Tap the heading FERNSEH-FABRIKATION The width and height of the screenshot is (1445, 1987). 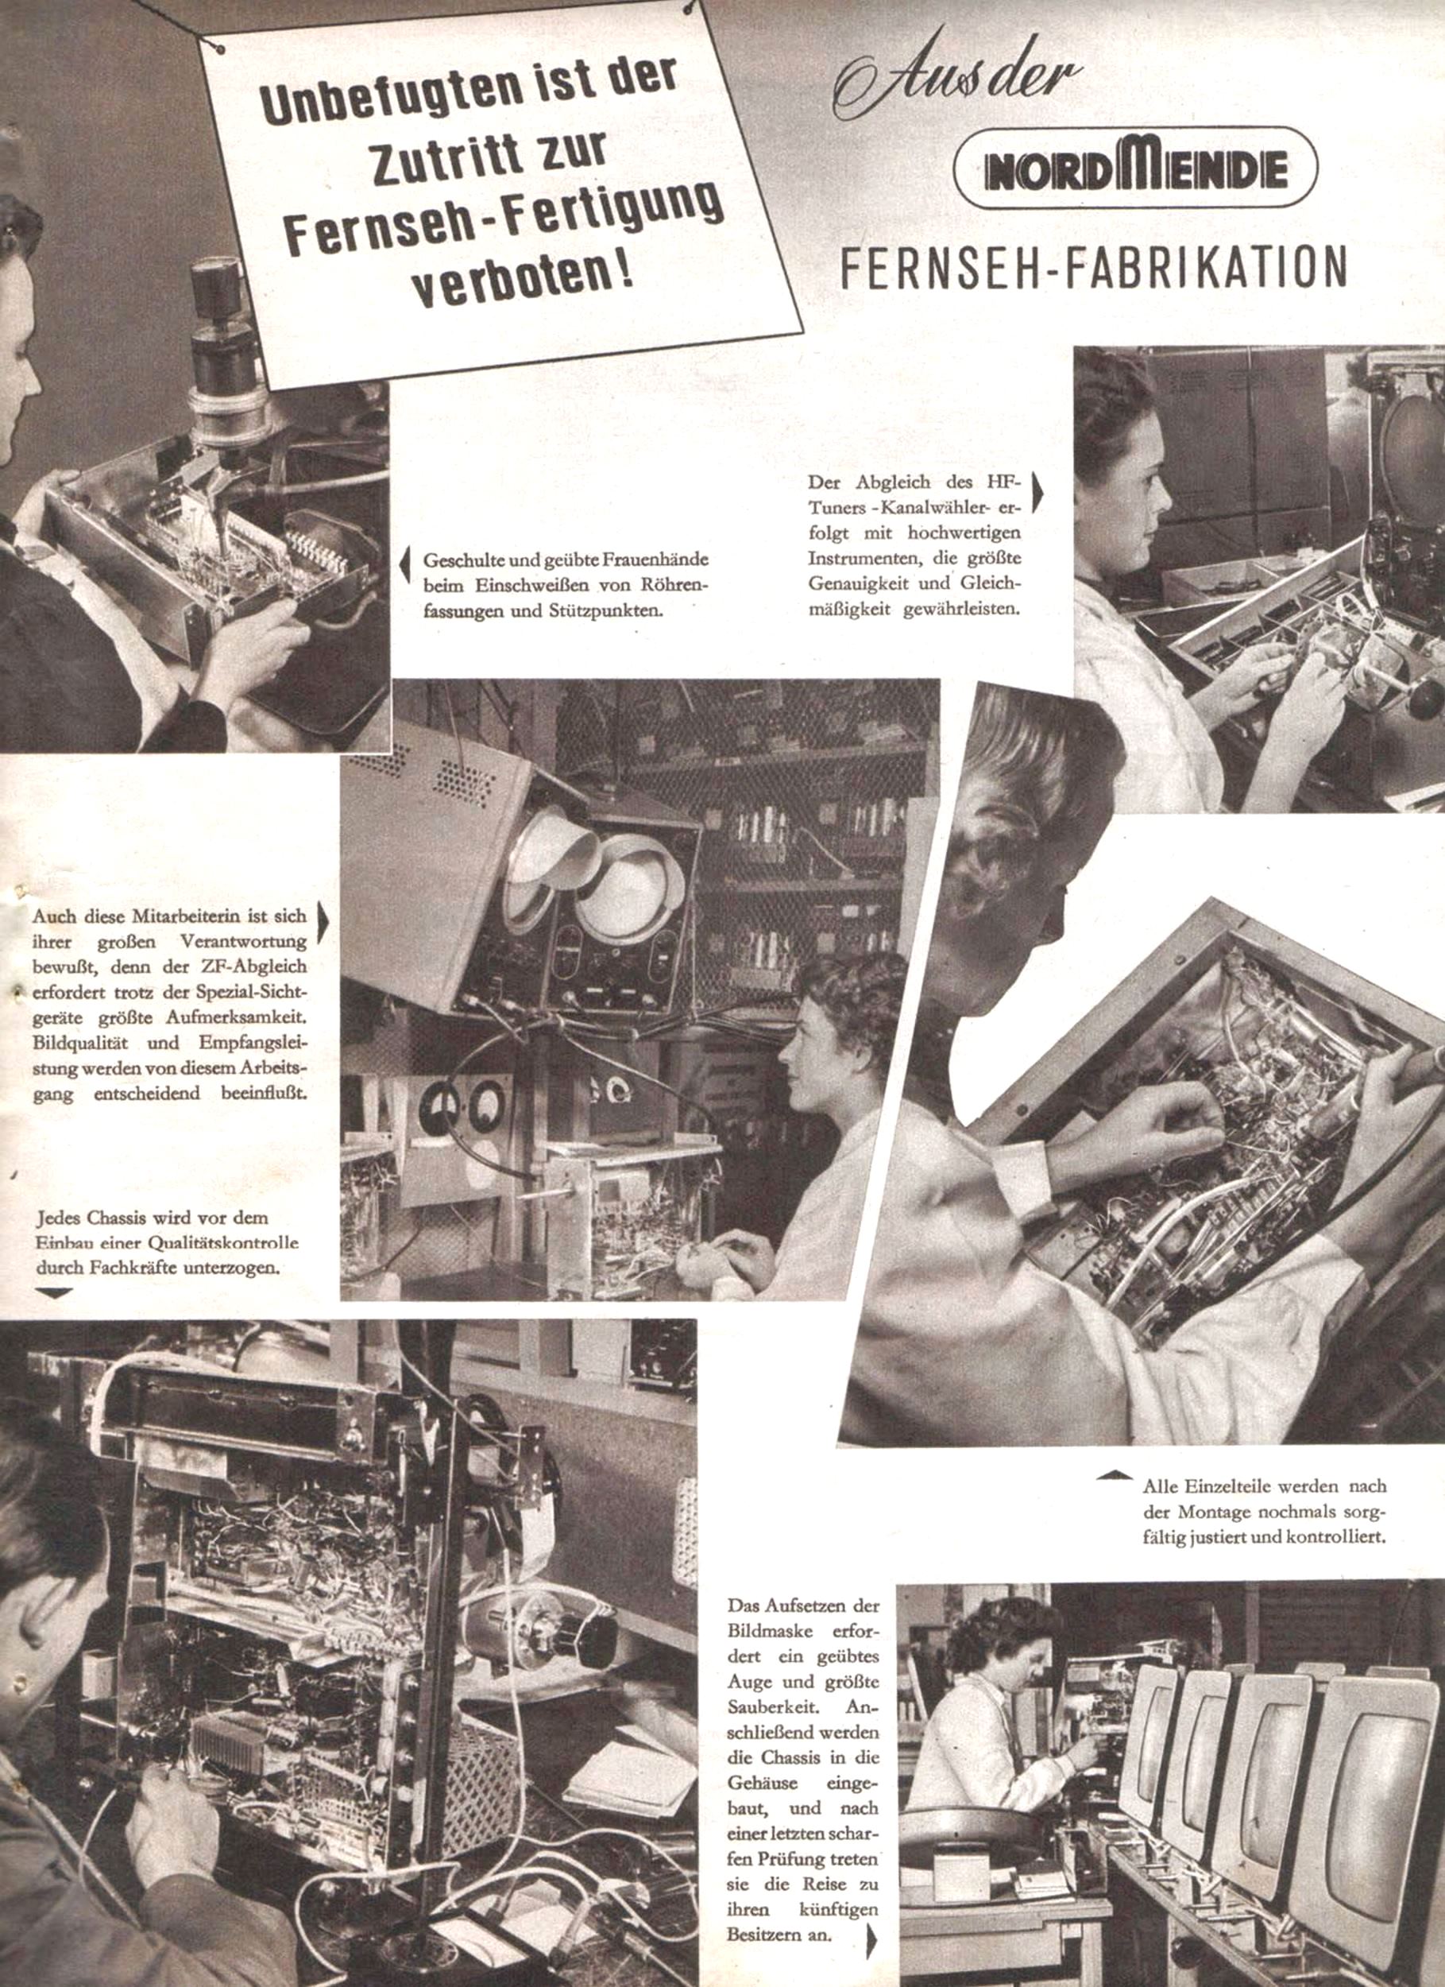click(x=1094, y=267)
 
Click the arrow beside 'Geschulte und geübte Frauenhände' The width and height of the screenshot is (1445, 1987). click(x=404, y=565)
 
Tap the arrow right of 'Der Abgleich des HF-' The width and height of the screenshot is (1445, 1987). click(x=1037, y=491)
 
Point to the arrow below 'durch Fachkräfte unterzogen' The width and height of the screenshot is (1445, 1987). click(x=52, y=1293)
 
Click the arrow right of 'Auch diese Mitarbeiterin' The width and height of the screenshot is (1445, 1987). click(x=323, y=924)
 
